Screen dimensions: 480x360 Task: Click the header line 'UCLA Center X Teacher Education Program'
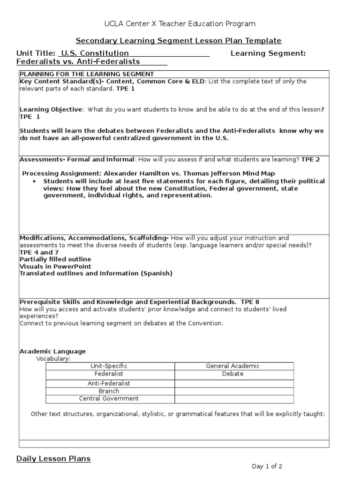point(180,24)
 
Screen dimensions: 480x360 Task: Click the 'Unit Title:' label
point(36,53)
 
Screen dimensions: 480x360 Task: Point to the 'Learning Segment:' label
point(268,53)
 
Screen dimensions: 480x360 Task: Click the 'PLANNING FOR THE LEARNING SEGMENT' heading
point(87,74)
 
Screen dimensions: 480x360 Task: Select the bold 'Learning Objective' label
point(51,109)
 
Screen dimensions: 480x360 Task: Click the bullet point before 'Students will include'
point(37,181)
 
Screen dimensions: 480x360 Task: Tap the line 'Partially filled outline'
point(55,259)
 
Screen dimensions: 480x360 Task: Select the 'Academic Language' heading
point(52,351)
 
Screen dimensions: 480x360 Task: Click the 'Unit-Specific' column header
point(109,366)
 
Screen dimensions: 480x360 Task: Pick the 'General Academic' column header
point(233,366)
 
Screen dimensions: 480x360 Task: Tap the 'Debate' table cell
point(233,374)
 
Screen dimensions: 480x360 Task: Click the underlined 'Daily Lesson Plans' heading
point(53,458)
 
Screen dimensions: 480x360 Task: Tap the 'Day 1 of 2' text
point(267,466)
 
